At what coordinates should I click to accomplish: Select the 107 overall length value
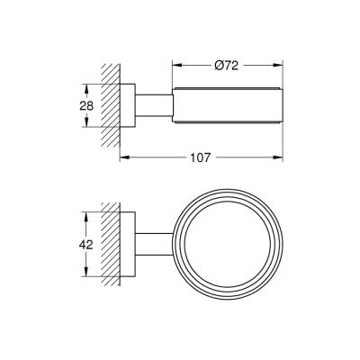[200, 158]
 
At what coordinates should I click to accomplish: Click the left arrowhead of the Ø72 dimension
[175, 65]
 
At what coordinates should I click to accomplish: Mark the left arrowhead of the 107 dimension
[123, 158]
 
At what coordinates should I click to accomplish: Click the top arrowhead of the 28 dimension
[87, 87]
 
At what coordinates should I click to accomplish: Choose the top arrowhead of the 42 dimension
[87, 215]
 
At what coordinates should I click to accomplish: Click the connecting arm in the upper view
[153, 106]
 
